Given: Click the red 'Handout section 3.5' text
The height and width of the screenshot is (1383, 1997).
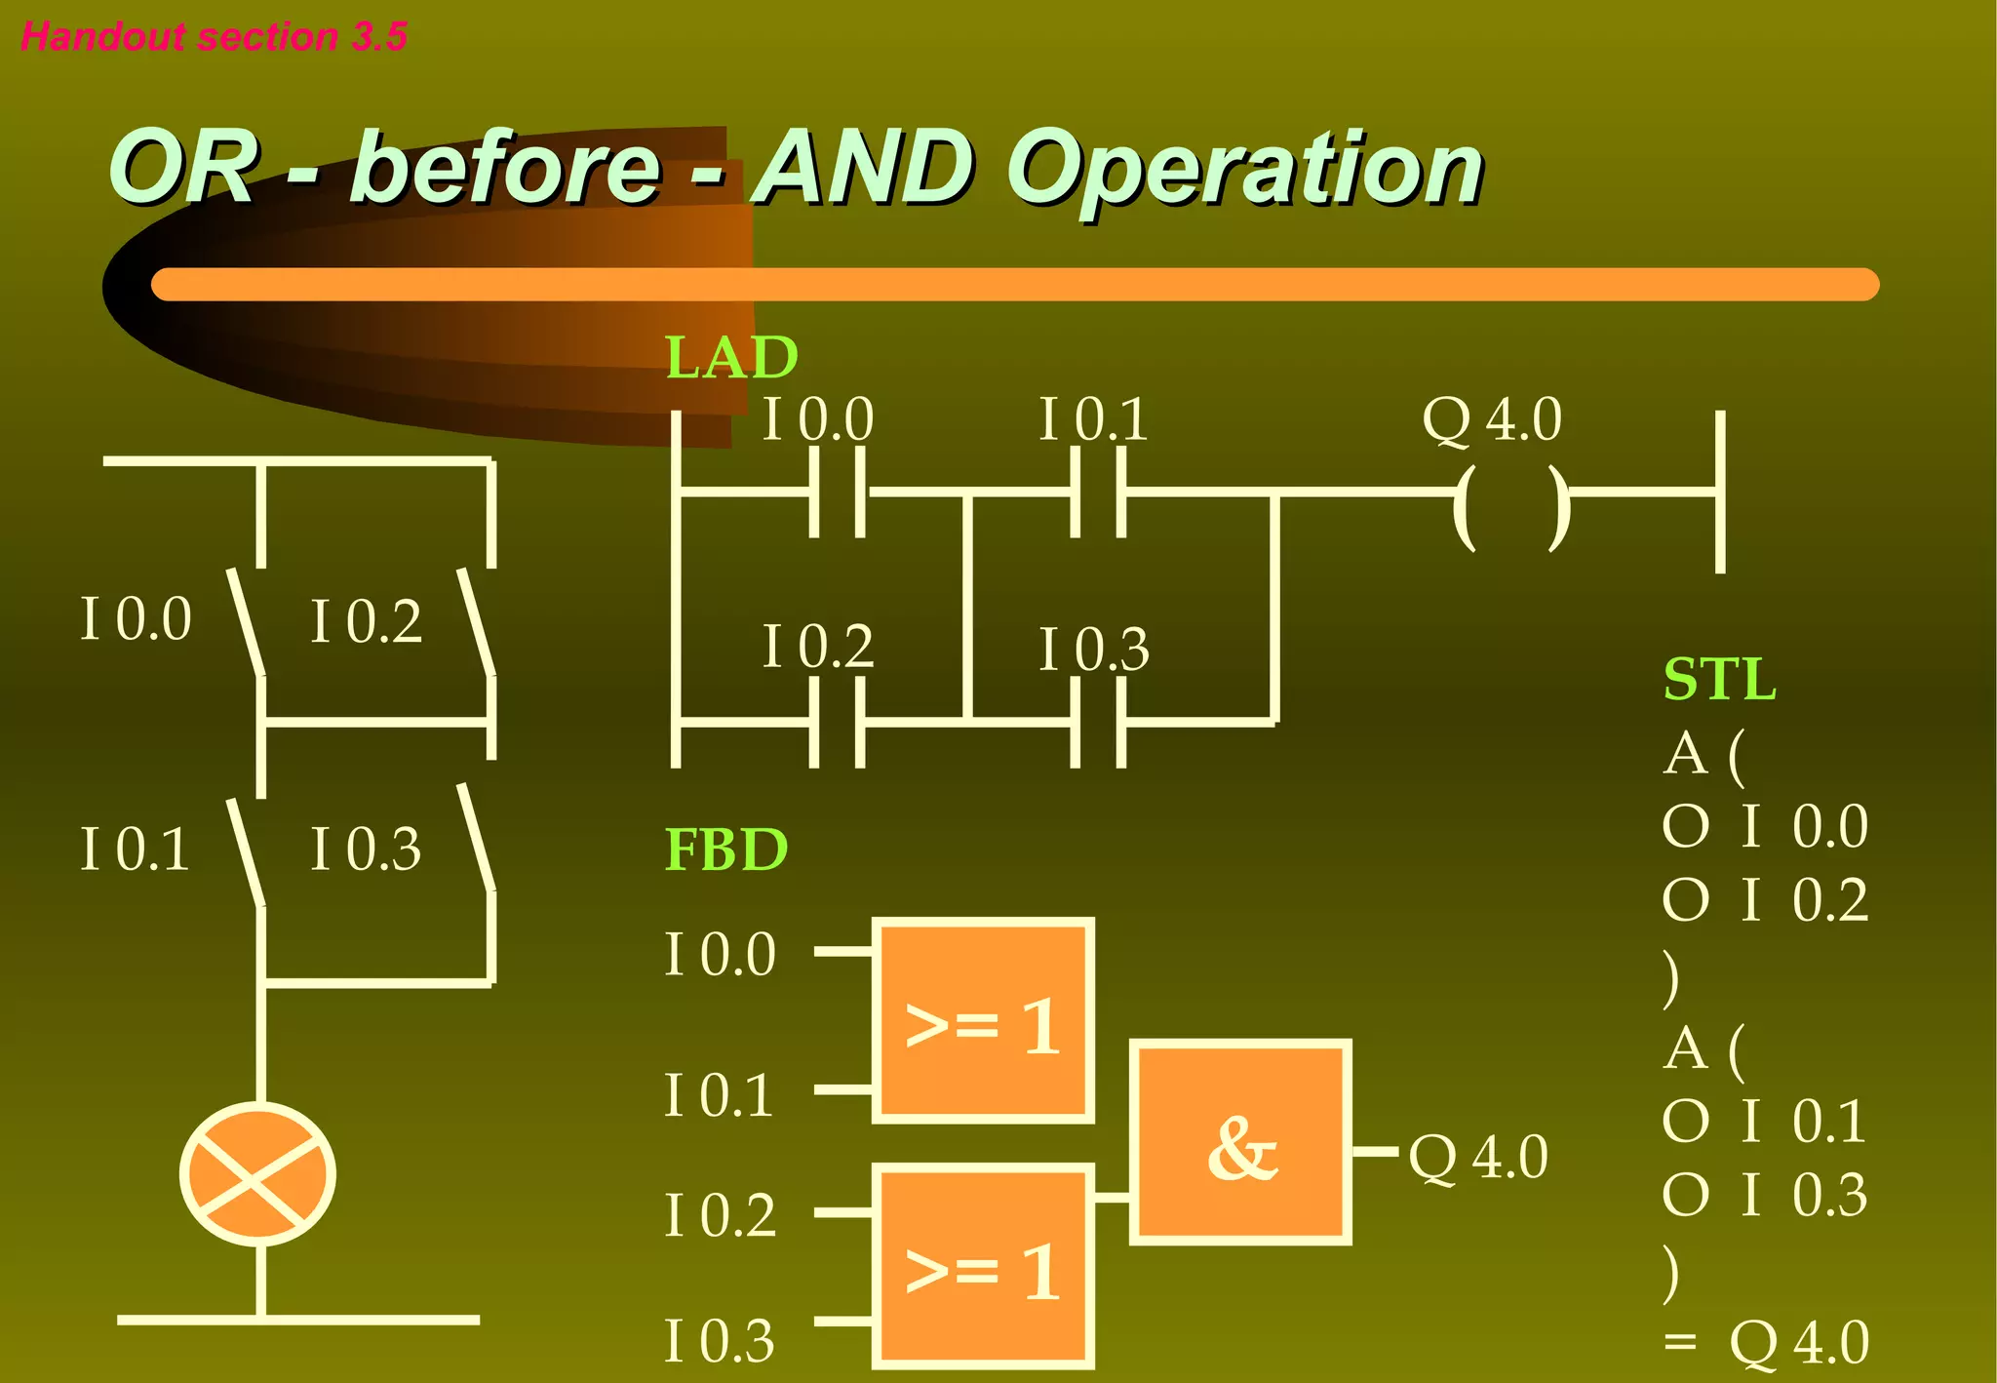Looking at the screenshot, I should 214,36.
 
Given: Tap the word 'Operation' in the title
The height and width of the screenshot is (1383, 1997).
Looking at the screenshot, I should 1244,171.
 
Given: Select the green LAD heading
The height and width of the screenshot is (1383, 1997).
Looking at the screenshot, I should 731,357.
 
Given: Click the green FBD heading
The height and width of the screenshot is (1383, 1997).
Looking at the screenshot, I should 725,850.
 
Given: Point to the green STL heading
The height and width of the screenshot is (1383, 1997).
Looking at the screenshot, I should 1719,679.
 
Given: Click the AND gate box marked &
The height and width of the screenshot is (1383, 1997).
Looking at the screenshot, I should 1240,1142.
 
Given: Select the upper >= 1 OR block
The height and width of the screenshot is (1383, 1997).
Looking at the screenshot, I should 983,1020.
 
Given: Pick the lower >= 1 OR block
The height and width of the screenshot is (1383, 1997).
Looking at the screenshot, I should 983,1266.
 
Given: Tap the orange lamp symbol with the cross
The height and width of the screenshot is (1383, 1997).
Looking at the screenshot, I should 257,1174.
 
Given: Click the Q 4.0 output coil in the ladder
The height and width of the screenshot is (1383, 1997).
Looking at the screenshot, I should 1511,507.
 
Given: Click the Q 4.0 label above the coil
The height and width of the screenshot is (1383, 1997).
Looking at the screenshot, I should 1492,419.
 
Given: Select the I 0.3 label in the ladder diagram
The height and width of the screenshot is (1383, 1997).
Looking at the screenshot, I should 1094,650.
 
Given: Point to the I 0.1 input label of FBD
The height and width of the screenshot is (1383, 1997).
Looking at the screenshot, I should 720,1094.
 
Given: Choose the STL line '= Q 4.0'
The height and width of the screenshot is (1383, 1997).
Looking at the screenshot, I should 1766,1342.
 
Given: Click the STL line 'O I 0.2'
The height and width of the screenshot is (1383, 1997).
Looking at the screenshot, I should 1765,899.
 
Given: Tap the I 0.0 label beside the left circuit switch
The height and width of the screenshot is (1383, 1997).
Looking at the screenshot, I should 136,618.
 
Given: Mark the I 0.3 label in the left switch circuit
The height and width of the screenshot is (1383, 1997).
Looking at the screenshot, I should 366,849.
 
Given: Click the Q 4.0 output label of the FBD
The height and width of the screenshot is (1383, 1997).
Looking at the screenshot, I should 1478,1158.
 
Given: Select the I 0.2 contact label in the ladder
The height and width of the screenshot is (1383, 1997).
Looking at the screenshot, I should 817,646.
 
